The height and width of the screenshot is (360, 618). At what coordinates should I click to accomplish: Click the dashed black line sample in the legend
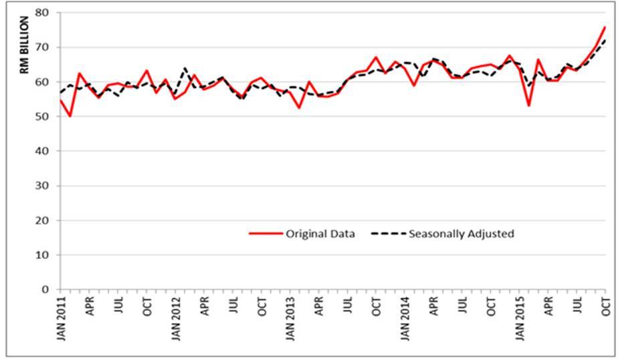click(x=388, y=234)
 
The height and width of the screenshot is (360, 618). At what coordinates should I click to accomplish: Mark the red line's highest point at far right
click(x=605, y=27)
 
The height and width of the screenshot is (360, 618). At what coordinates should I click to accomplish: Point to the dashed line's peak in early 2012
click(x=185, y=68)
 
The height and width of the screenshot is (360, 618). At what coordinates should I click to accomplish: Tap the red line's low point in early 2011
click(x=70, y=116)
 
